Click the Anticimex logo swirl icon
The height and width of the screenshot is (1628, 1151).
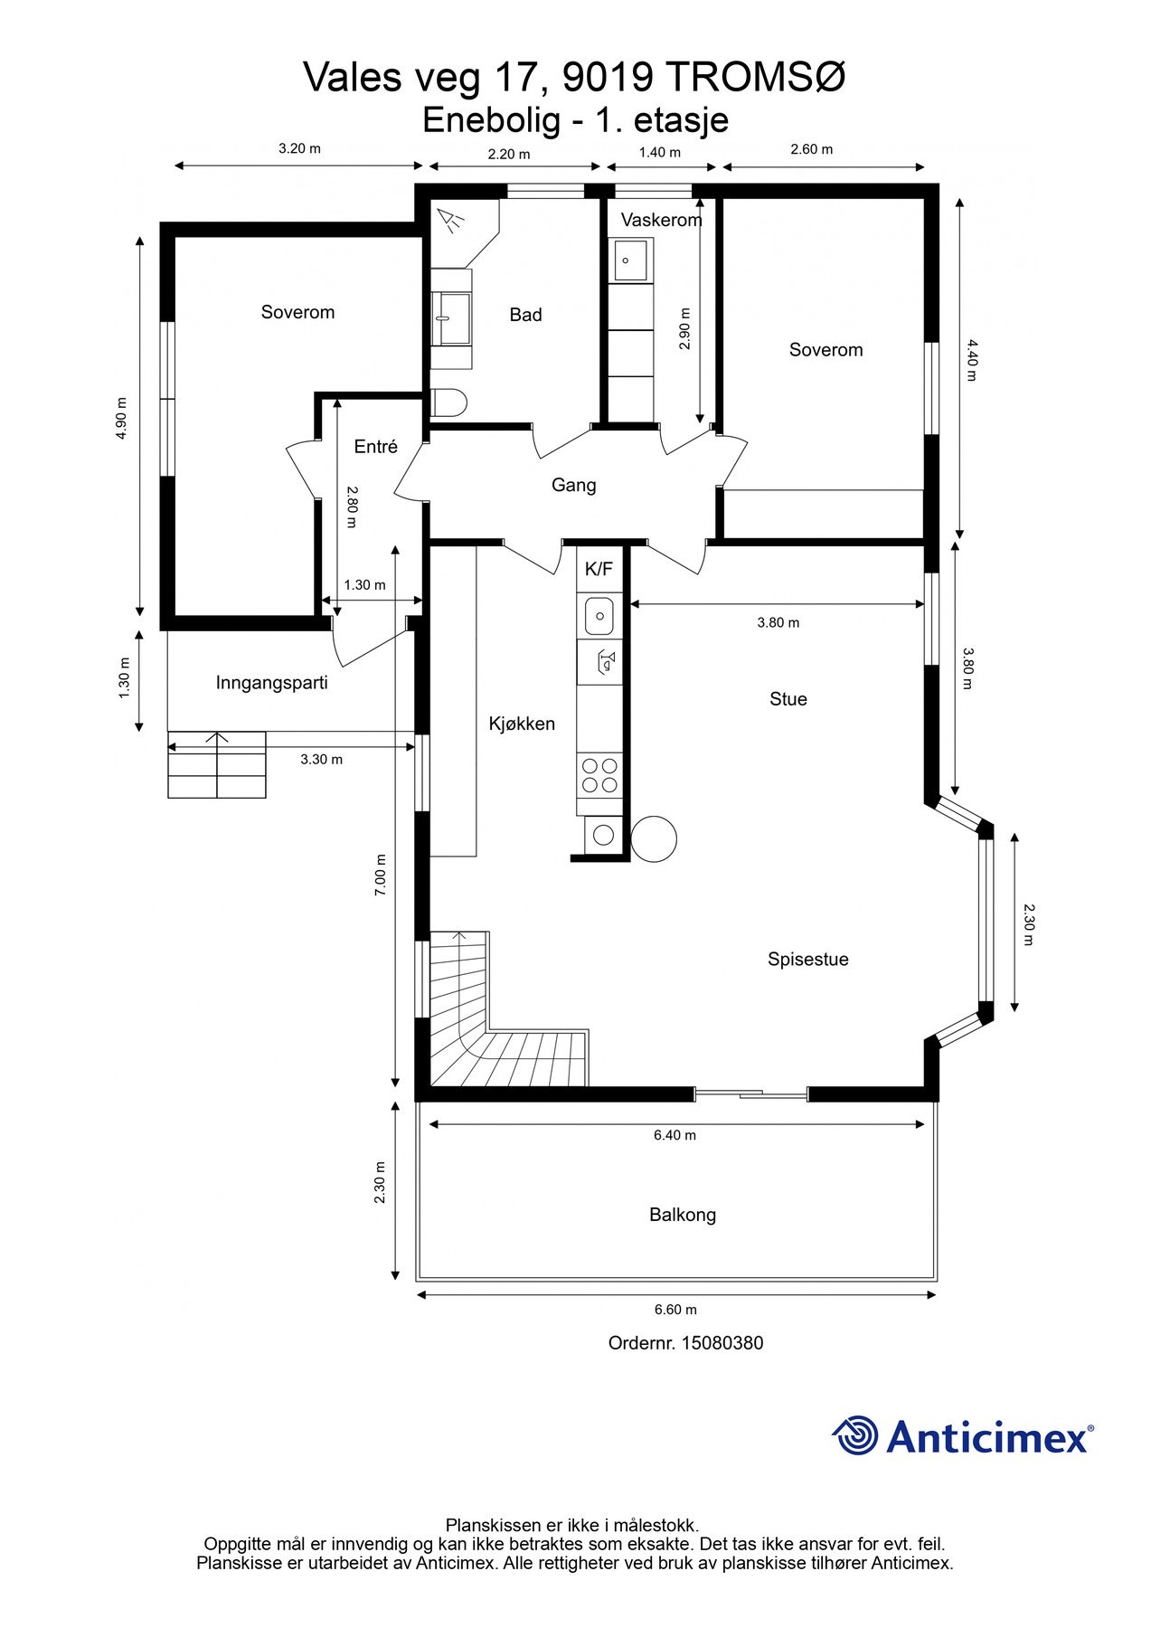[854, 1435]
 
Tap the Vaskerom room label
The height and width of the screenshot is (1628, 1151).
[661, 220]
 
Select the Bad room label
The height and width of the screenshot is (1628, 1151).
[525, 315]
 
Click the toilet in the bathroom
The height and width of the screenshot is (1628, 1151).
[448, 403]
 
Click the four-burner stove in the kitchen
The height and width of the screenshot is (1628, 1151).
[599, 775]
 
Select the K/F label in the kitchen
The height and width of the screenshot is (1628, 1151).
[599, 569]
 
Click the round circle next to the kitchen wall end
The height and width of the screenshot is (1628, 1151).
[654, 838]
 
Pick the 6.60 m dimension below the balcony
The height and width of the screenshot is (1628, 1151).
[675, 1310]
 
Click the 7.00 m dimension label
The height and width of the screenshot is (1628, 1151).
[381, 875]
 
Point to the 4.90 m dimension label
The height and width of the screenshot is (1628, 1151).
[121, 419]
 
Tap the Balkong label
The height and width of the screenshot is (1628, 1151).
[683, 1215]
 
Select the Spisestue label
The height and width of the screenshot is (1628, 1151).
[808, 960]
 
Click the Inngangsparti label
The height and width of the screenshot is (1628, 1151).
[271, 683]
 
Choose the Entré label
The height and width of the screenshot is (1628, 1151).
[375, 447]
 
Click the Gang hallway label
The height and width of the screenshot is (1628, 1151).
[574, 486]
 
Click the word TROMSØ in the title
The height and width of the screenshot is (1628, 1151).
[756, 78]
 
